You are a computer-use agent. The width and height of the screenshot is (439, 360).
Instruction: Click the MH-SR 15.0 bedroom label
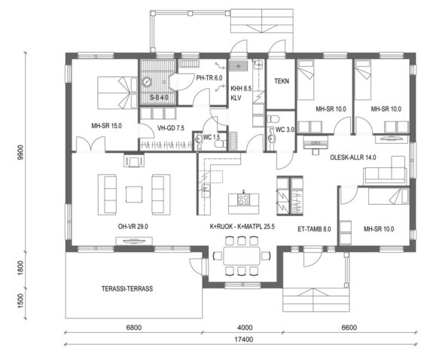coord(107,126)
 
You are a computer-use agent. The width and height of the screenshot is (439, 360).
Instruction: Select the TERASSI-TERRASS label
coord(127,288)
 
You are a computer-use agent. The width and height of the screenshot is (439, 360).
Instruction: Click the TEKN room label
coord(282,81)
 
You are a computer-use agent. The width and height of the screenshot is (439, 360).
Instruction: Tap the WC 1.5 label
coord(212,136)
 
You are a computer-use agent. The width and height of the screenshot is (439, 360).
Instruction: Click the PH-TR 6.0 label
coord(209,78)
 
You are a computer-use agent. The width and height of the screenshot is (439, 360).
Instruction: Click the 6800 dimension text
coord(135,328)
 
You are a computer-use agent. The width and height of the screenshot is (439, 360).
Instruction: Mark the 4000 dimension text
coord(244,328)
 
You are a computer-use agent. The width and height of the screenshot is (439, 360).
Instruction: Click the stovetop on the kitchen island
coord(244,199)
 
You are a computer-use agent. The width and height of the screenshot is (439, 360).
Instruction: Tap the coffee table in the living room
coord(134,194)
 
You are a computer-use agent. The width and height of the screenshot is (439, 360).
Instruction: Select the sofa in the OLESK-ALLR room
coord(384,175)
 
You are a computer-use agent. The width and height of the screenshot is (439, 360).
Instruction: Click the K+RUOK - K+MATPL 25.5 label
coord(241,226)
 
